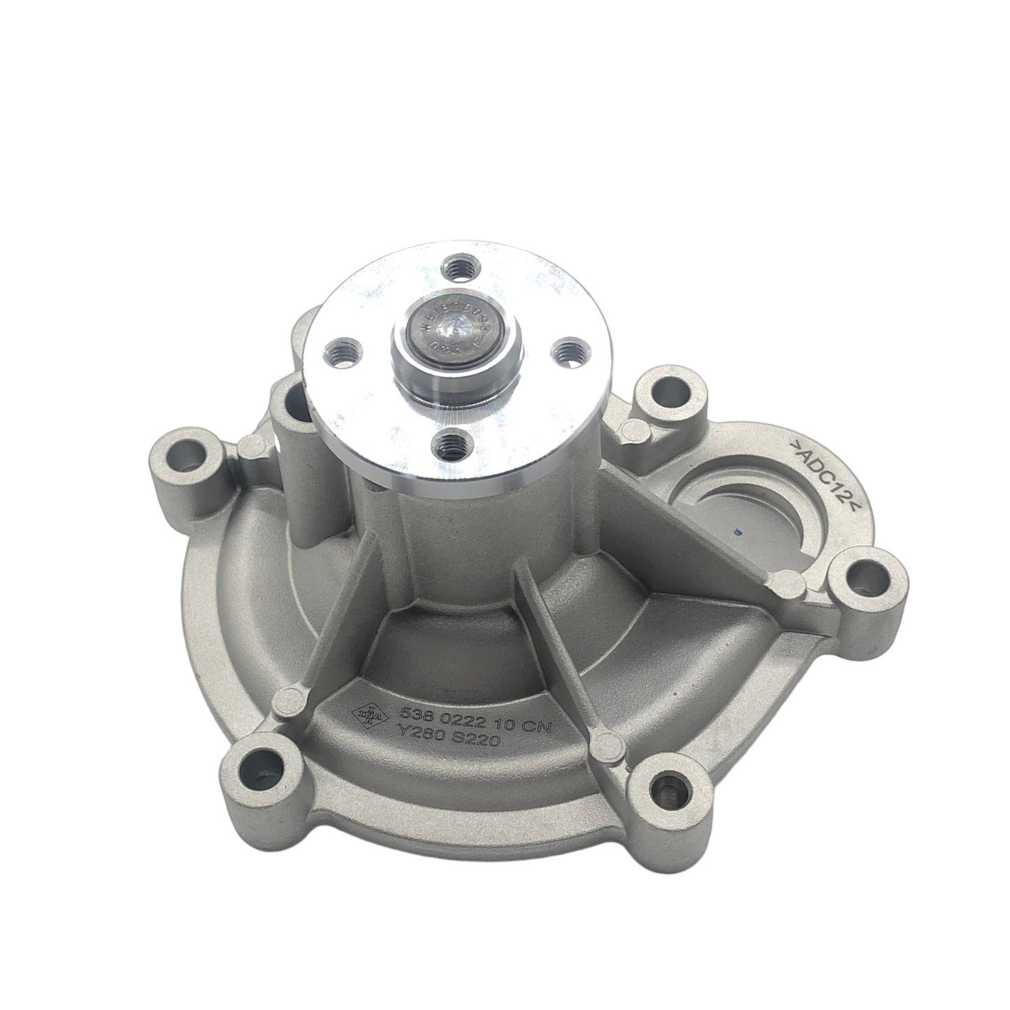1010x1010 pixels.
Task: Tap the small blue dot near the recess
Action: click(x=733, y=533)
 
